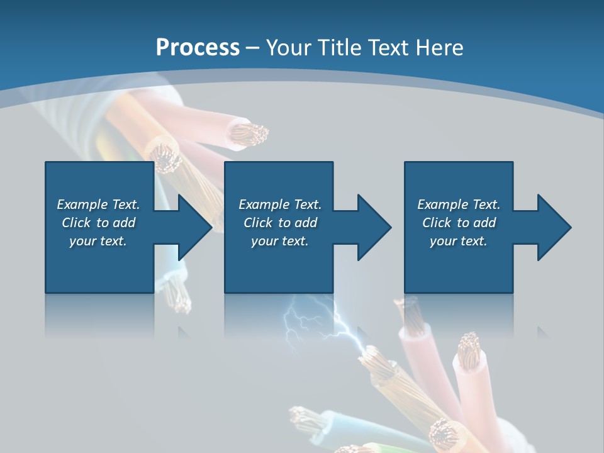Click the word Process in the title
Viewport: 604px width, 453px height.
[198, 47]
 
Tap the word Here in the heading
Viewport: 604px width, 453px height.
[439, 47]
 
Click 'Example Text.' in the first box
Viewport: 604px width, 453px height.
[98, 204]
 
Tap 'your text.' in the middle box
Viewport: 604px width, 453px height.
[279, 241]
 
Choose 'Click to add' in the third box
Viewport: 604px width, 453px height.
[459, 223]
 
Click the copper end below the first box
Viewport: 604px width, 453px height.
[180, 296]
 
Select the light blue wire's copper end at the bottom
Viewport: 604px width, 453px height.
[301, 416]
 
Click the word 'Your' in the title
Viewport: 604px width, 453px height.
[289, 47]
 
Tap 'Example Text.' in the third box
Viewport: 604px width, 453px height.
[459, 204]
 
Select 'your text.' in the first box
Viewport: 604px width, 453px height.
[98, 241]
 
